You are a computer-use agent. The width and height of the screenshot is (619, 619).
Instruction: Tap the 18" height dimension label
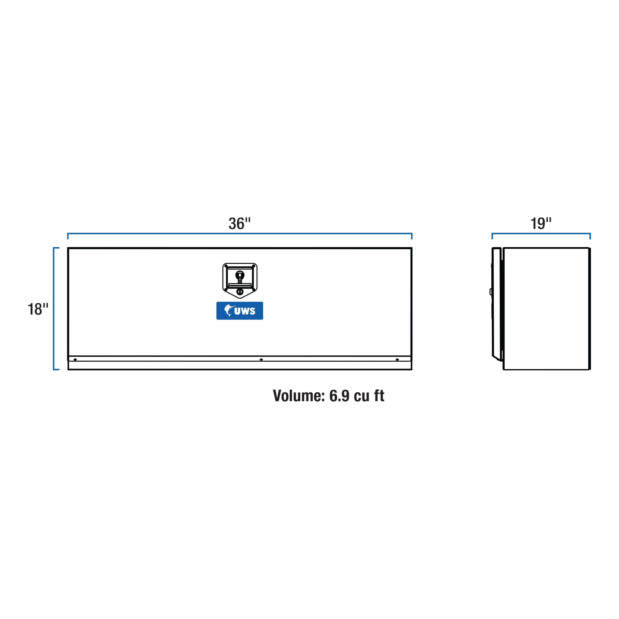click(x=38, y=309)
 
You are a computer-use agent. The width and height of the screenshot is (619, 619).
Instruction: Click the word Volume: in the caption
click(x=299, y=396)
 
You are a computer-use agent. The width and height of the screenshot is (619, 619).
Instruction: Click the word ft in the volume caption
click(x=379, y=396)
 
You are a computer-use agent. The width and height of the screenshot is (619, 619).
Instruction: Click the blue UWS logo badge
click(x=240, y=311)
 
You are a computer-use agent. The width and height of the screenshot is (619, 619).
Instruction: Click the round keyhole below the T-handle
click(x=240, y=292)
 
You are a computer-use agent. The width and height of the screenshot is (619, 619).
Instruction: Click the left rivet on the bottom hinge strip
click(x=75, y=360)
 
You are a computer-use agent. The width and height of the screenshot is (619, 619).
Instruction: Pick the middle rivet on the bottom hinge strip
click(x=261, y=360)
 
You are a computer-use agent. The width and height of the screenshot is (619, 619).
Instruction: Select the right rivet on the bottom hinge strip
click(x=397, y=360)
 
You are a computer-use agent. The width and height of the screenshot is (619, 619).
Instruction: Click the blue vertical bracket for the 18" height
click(x=54, y=308)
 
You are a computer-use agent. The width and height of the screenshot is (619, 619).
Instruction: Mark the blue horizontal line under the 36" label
click(x=240, y=234)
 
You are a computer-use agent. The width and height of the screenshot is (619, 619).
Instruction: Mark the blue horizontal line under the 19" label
click(x=541, y=234)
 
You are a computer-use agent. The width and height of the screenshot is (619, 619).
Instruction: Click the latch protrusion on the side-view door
click(x=491, y=292)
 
